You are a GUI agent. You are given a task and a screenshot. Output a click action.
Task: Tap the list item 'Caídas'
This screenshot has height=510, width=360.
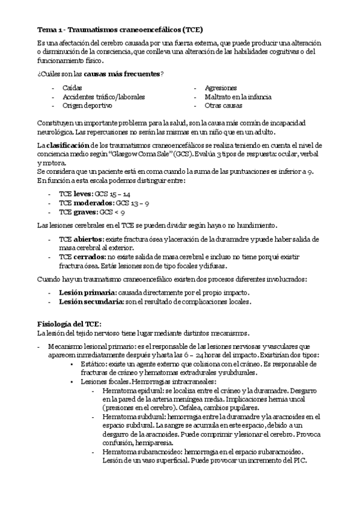tap(72, 88)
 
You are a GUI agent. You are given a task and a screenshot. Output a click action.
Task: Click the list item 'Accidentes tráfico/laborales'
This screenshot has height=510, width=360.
tap(103, 96)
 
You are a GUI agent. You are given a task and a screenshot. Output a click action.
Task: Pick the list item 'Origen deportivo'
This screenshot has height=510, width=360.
tap(87, 105)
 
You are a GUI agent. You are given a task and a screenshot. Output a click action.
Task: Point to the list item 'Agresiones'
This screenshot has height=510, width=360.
tap(220, 88)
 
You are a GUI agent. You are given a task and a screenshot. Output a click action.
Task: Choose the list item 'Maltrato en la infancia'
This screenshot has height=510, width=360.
tap(237, 96)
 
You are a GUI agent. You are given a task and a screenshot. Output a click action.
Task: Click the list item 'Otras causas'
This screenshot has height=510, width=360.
tap(224, 105)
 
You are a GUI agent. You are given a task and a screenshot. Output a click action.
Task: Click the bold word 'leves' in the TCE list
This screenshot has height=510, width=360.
tap(83, 194)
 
